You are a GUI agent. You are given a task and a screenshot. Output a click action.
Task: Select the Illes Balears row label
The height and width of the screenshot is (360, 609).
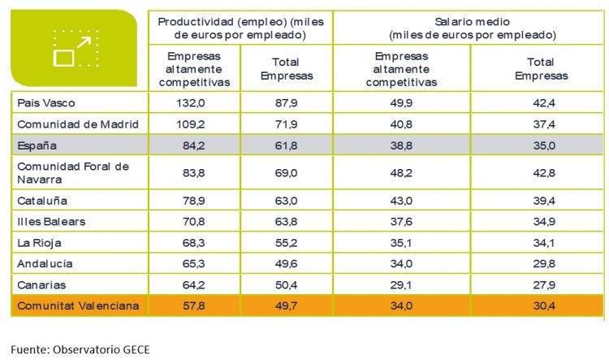pos(50,221)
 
